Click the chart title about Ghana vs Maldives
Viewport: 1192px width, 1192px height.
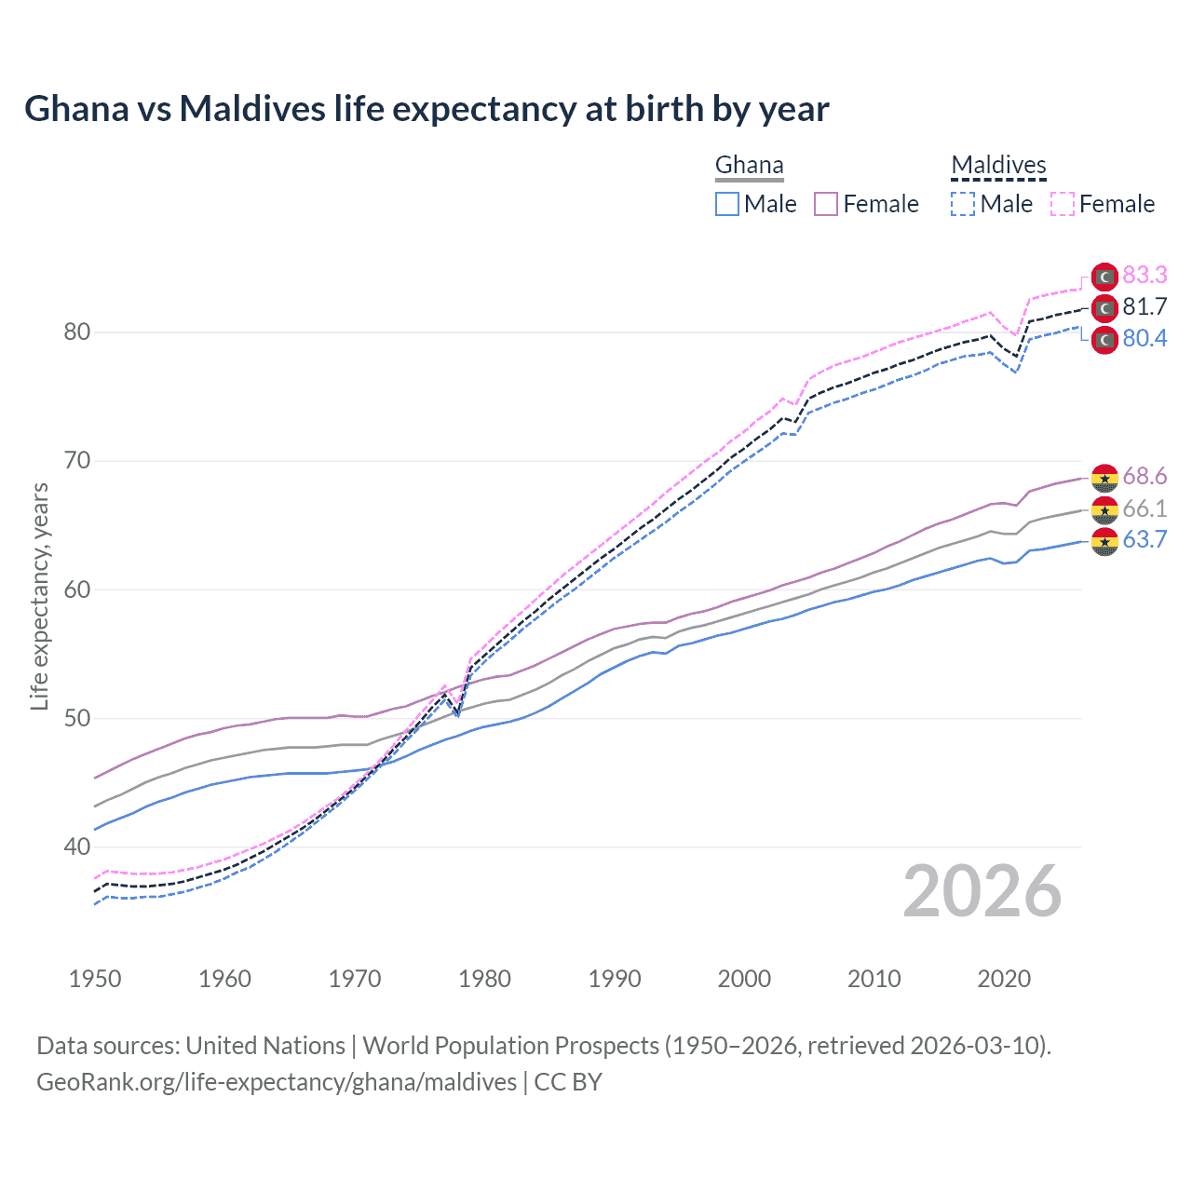pos(427,109)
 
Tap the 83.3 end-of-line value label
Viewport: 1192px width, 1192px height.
pos(1145,275)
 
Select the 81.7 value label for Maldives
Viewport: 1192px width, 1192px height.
pos(1145,306)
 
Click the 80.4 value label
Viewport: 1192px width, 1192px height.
pos(1145,338)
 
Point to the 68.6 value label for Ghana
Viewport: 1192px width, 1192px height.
pos(1145,477)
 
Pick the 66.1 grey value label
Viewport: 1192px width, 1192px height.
pos(1145,508)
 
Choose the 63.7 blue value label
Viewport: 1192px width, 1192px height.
pos(1145,539)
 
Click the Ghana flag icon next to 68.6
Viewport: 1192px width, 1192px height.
pos(1104,478)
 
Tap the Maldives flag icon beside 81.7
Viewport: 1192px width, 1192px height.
pos(1104,307)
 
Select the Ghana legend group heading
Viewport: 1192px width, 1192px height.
pos(749,165)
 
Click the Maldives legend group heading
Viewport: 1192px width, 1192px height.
pos(998,165)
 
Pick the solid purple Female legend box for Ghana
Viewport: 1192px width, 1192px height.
pos(826,204)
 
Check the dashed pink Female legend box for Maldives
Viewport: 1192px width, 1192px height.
pos(1063,204)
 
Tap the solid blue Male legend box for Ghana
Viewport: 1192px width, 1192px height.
pos(727,204)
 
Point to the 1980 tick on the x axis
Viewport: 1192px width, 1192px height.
pos(485,979)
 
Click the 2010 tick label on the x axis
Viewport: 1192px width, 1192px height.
pos(874,979)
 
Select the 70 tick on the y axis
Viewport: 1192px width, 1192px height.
pos(77,461)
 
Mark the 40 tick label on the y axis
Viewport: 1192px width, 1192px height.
pos(77,847)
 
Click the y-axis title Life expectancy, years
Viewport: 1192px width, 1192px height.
pos(39,596)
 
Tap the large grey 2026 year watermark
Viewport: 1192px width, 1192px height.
pos(982,892)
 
